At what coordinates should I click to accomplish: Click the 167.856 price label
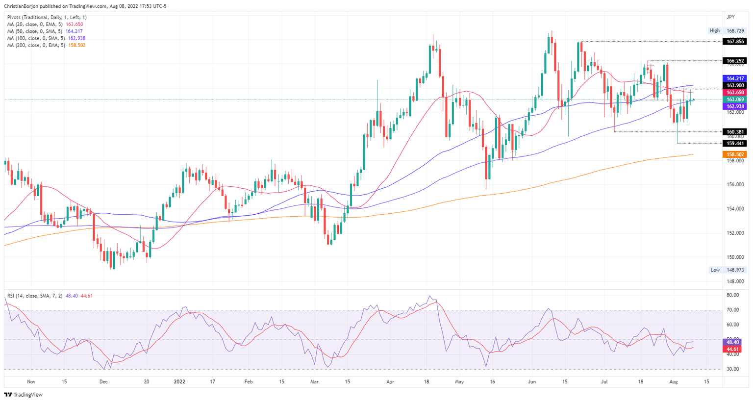point(735,42)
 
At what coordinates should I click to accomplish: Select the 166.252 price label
point(735,61)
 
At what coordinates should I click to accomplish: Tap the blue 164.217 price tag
point(735,78)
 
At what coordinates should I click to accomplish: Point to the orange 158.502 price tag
point(735,154)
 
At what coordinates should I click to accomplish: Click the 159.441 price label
point(735,144)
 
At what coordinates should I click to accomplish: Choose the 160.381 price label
point(735,132)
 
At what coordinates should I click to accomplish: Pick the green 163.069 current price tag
point(735,100)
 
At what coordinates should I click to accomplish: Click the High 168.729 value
point(735,30)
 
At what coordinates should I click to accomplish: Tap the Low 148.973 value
point(735,270)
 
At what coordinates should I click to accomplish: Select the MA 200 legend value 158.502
point(78,45)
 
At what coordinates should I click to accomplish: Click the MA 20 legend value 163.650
point(75,24)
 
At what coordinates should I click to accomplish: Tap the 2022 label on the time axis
point(180,381)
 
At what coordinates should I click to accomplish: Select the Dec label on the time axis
point(103,381)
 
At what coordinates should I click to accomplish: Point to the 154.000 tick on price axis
point(735,209)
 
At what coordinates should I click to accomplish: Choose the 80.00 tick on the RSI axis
point(732,295)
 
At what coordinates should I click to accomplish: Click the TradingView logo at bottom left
point(24,395)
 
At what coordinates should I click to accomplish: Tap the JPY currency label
point(730,17)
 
